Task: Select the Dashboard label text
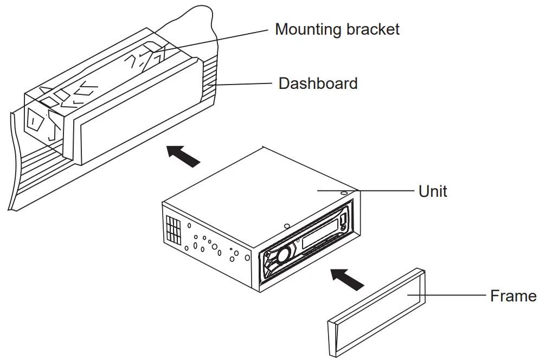(318, 83)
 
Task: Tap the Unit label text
(433, 191)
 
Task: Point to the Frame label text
(513, 296)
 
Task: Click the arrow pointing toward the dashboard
(183, 156)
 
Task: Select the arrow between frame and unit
(347, 279)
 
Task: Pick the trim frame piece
(377, 311)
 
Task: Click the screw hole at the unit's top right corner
(345, 192)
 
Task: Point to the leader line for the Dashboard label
(244, 84)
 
